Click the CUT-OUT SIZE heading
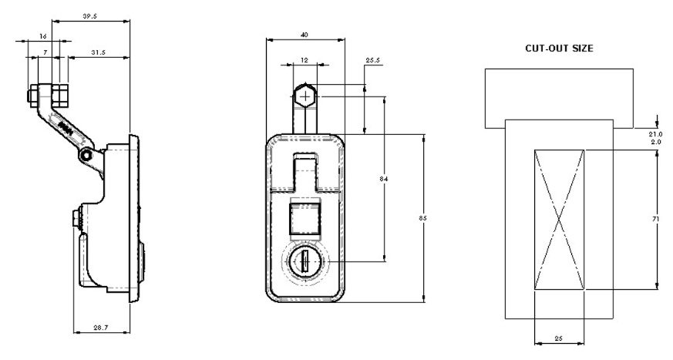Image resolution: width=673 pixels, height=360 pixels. coord(559,48)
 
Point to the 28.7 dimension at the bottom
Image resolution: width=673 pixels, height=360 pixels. coord(101,328)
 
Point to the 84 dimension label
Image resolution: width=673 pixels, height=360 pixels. coord(384,179)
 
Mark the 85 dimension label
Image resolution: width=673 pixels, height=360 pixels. coord(423,219)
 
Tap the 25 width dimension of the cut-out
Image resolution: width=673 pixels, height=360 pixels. coord(558,338)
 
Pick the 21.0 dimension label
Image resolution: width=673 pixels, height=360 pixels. coord(656,133)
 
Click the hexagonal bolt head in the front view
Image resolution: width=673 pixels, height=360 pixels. coord(306,96)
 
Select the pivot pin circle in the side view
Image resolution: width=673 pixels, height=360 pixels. coord(89,156)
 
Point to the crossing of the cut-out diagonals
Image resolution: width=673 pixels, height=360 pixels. coord(559,220)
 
